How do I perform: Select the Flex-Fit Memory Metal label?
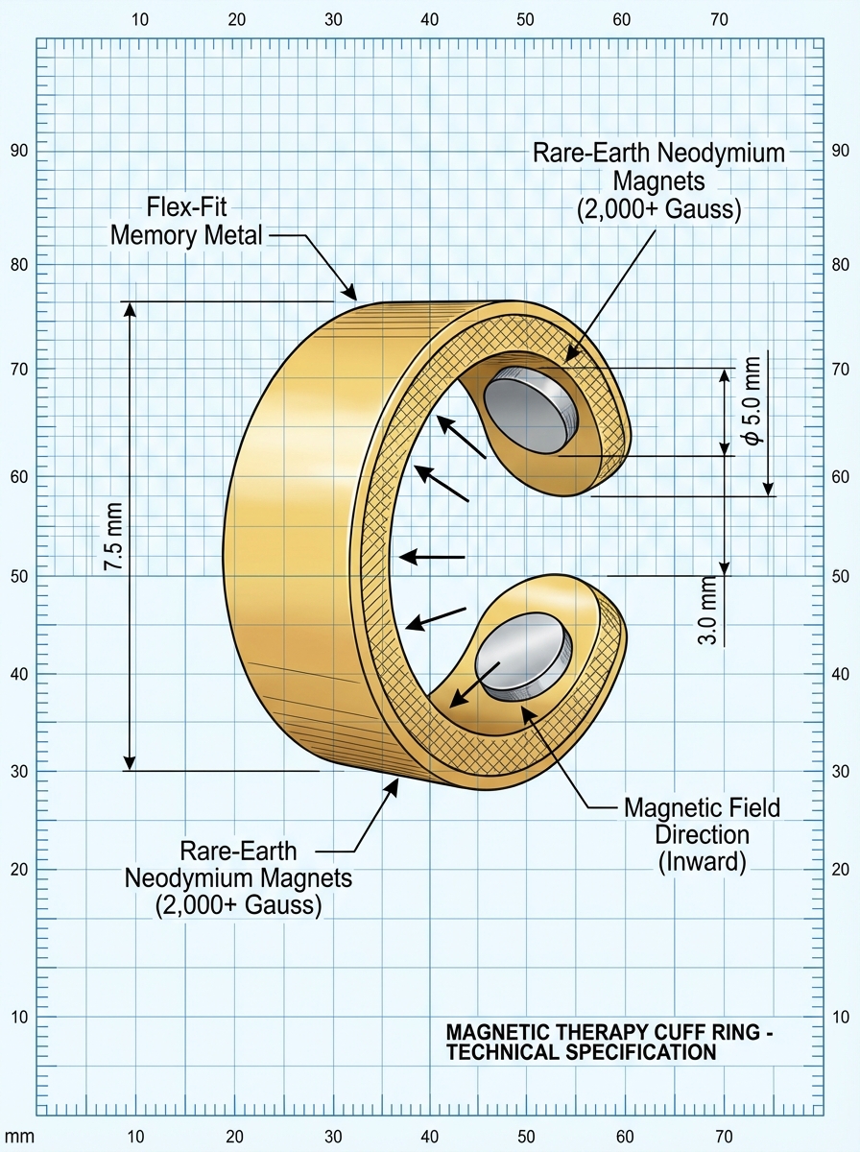[187, 221]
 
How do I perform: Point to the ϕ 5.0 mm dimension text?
[752, 399]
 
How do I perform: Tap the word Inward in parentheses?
[703, 861]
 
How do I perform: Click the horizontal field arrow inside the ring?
[432, 557]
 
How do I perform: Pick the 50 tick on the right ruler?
[840, 576]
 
